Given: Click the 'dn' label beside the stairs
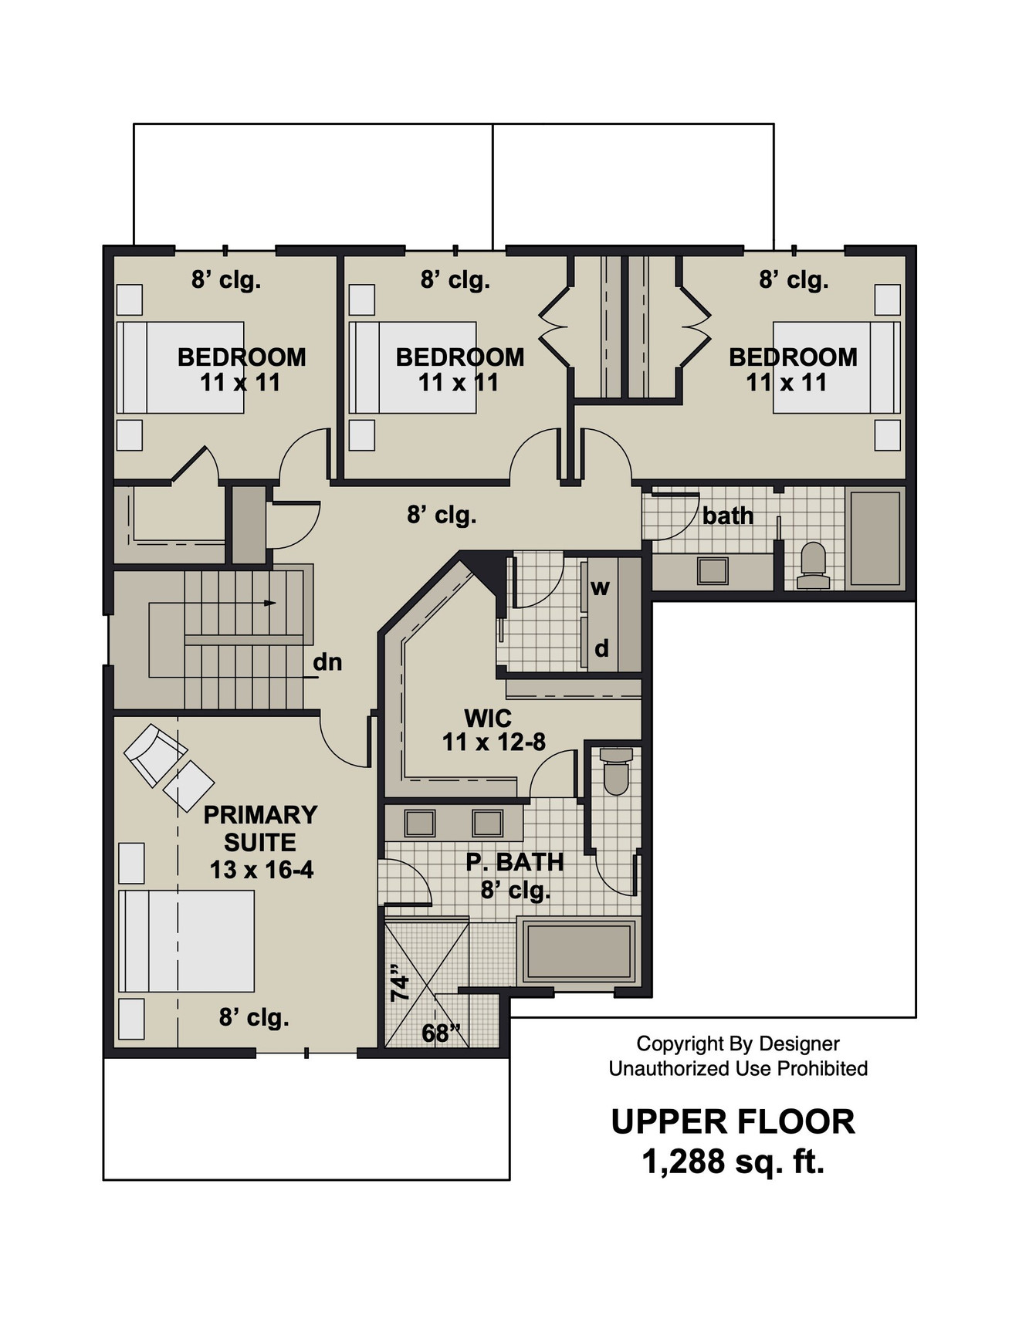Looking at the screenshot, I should coord(327,662).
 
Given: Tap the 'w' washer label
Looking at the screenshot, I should coord(600,587).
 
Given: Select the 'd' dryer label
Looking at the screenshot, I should coord(601,648).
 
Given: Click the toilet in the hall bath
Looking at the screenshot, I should coord(813,565).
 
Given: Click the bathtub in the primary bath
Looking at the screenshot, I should coord(578,951).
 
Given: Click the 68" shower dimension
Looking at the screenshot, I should coord(441,1033).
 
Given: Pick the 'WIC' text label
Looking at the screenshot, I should coord(487,718).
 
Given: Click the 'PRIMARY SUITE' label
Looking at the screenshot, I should coord(260,828).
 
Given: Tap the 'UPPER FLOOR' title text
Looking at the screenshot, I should coord(733,1121).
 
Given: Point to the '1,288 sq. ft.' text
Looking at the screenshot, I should coord(733,1161).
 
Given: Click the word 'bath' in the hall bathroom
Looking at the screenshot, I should coord(727,516).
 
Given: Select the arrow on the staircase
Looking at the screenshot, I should coord(269,603).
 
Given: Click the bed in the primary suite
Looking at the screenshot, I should coord(186,941).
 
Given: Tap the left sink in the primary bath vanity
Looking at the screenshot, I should coord(420,823).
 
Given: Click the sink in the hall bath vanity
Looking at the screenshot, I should coord(712,571).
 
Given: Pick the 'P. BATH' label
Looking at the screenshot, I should coord(514,861).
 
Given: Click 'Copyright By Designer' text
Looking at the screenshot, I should coord(737,1043).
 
